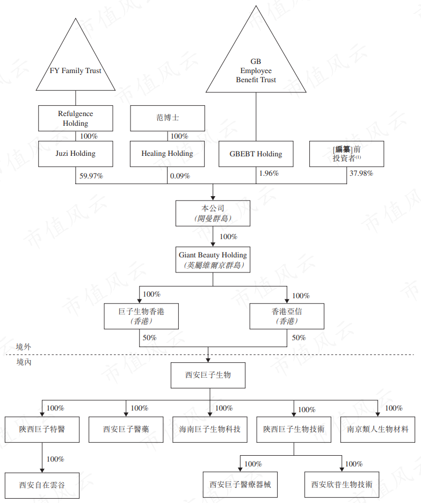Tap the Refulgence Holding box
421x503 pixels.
75,118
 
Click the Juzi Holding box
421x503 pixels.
75,154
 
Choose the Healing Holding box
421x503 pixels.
167,154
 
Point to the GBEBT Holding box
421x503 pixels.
256,154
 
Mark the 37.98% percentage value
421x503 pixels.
361,174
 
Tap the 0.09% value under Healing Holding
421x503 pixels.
180,176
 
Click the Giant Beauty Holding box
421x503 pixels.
213,259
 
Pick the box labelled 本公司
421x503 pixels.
213,213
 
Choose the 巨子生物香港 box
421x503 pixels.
141,316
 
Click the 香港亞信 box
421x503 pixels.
287,316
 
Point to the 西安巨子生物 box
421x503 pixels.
208,375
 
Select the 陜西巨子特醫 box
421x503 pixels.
42,429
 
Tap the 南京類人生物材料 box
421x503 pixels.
378,429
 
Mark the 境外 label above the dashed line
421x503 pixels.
24,347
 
